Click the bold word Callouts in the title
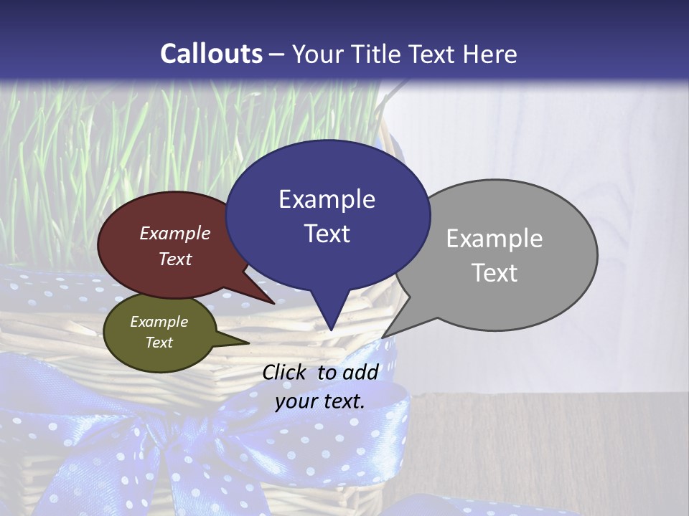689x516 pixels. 211,54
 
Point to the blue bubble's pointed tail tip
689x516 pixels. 331,330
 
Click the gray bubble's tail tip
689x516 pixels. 382,338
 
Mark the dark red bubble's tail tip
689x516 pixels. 273,303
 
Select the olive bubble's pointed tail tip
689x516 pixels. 248,343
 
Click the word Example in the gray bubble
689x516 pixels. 495,239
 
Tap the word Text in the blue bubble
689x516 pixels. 327,234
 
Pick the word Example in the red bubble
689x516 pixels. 175,233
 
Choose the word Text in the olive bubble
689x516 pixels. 159,343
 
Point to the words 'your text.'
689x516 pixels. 320,401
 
